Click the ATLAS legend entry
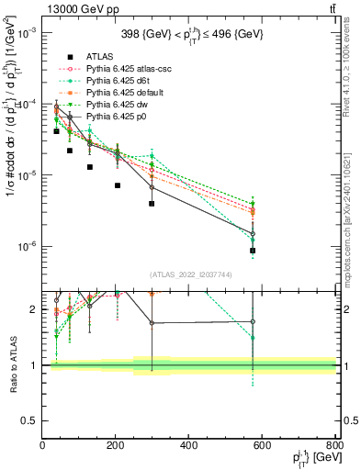[x=99, y=56]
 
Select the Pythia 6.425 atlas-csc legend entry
[x=130, y=68]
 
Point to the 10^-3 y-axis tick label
[x=28, y=32]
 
